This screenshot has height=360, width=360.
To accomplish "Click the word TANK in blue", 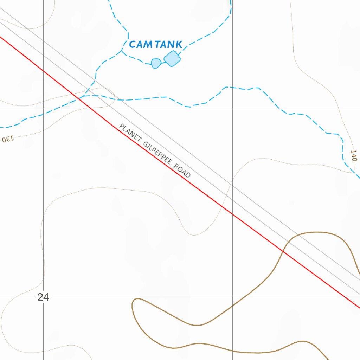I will point(169,45).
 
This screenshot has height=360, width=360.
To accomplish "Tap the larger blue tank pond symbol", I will point(172,59).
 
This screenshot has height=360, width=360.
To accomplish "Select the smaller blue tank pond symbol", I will point(156,63).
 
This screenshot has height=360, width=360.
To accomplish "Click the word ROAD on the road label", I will point(182,171).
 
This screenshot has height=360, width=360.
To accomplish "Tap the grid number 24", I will point(43,297).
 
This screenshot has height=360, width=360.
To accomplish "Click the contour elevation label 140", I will point(353,155).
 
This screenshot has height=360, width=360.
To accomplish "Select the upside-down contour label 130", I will point(7,138).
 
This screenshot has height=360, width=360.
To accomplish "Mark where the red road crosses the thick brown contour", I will point(283,251).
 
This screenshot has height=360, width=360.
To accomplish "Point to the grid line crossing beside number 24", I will point(43,297).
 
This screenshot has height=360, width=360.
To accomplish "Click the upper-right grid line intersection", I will point(233,108).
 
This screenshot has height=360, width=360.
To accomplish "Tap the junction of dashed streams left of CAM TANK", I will point(122,52).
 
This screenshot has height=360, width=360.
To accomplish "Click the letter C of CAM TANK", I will point(133,45).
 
